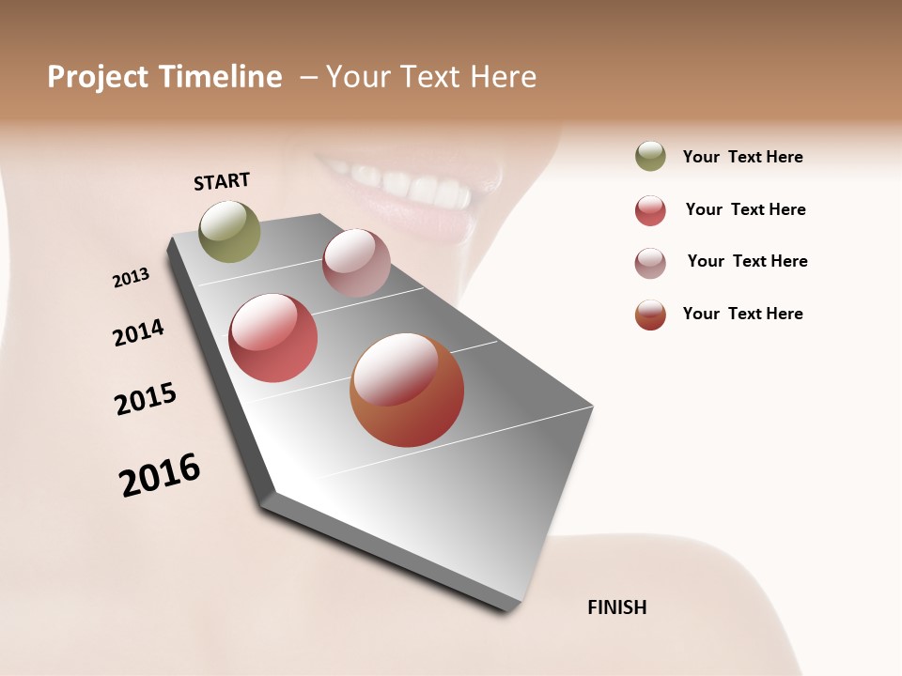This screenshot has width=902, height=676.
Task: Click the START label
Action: (222, 181)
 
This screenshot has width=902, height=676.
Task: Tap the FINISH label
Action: (616, 607)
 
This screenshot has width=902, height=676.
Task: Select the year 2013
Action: (132, 278)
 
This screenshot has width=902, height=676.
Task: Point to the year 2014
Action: (139, 332)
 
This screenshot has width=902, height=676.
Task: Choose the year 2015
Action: (146, 399)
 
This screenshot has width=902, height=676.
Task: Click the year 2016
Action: (160, 474)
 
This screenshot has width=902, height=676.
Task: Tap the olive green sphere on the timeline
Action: (230, 231)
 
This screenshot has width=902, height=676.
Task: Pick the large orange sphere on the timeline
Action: (407, 390)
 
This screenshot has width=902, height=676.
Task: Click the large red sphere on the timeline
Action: (272, 338)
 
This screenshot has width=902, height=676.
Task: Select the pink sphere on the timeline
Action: (356, 263)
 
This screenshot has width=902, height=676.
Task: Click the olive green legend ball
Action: (650, 157)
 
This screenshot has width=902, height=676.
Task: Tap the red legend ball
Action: (650, 210)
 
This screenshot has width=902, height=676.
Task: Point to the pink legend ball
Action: (650, 263)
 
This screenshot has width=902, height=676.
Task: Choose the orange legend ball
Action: (650, 315)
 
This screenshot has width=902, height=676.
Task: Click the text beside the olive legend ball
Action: (742, 158)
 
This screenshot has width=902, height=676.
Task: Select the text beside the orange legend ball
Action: (742, 314)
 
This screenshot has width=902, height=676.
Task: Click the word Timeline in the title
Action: (220, 77)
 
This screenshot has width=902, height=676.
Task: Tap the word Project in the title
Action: (96, 77)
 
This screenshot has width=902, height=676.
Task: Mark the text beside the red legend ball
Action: (745, 209)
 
